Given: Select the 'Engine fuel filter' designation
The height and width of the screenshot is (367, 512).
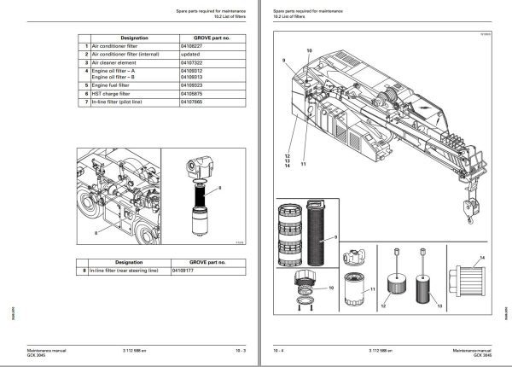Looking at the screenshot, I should point(115,85).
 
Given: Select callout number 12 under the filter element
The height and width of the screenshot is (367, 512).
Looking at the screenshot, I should point(384,302).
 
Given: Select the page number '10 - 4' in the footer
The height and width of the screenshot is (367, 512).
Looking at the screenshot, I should point(278,350).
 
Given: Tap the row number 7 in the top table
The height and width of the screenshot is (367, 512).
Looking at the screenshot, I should point(85,102).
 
